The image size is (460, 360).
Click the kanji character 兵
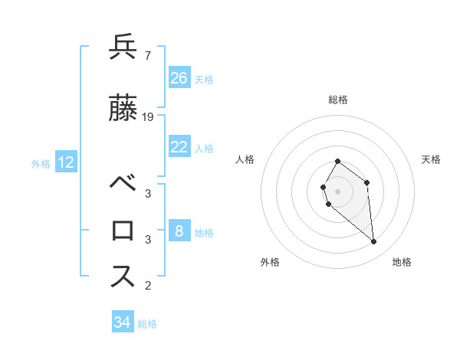(123, 47)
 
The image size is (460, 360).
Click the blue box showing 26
(179, 78)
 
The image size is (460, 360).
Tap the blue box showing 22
(179, 147)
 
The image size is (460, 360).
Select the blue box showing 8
(179, 231)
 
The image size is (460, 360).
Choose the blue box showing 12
(66, 162)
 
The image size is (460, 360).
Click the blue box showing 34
(123, 322)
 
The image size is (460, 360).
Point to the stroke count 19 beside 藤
(148, 117)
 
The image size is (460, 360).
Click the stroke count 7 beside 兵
(147, 56)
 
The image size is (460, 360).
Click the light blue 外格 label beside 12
(41, 163)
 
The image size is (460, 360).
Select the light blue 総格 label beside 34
(147, 324)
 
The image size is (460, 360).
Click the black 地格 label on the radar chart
(402, 262)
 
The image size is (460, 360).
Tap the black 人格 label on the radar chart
(245, 159)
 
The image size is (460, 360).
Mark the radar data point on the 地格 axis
(374, 242)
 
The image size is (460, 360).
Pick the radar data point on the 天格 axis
(367, 182)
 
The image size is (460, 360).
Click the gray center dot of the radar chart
(337, 191)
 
